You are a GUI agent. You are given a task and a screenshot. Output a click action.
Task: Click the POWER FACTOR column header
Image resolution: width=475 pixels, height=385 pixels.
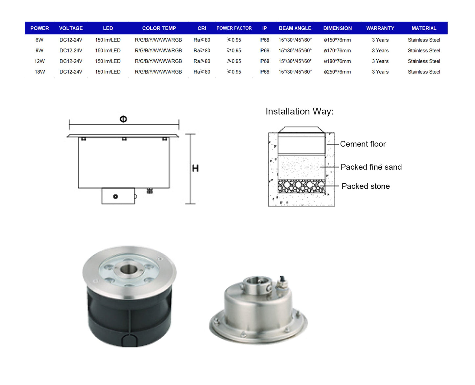(234, 28)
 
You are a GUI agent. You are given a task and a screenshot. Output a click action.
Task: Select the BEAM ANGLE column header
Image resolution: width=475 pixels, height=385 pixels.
(295, 28)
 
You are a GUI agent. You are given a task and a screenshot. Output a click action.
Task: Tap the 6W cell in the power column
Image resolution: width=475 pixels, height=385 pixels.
(39, 40)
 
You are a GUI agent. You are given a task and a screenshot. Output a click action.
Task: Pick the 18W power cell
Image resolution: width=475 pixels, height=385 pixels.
(40, 72)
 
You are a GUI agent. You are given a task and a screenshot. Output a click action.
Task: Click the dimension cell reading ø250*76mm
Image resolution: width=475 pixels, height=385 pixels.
(337, 72)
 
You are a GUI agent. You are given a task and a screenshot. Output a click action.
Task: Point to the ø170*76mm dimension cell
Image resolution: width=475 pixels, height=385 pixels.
(337, 51)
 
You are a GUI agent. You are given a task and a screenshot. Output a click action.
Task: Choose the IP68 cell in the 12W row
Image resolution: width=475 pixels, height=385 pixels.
(264, 61)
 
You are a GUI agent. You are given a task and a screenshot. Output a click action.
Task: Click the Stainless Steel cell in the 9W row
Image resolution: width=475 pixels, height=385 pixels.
(424, 51)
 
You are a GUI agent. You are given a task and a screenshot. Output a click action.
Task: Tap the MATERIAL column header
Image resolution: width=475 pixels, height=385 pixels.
(424, 28)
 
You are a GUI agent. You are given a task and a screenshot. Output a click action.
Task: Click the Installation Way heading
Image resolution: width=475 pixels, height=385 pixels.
(299, 111)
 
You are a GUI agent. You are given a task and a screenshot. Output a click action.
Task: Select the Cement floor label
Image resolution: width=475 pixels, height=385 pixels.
(363, 144)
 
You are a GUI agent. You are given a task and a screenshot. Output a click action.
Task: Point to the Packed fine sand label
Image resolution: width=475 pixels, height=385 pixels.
(371, 167)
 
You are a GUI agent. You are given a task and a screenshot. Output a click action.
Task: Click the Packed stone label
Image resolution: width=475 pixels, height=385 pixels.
(366, 186)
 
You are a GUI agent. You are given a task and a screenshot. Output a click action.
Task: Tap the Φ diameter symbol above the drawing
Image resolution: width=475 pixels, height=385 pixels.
(123, 119)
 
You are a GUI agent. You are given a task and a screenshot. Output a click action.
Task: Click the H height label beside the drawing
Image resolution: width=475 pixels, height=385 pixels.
(195, 168)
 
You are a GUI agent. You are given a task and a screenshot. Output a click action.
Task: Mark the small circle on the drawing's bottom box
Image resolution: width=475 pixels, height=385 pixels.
(115, 197)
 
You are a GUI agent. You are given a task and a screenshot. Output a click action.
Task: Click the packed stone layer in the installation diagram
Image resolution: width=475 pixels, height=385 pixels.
(301, 186)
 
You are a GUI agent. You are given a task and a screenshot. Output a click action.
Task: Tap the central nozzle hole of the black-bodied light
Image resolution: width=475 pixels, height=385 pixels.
(129, 269)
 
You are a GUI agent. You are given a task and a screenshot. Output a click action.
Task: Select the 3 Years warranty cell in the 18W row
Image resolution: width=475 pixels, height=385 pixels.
(380, 72)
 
